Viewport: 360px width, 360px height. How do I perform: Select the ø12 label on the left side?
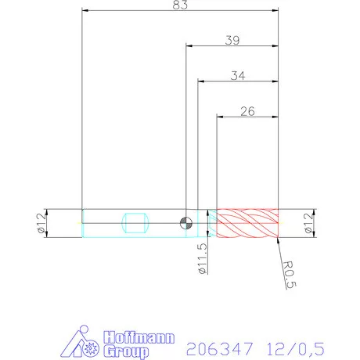pyautogui.click(x=38, y=224)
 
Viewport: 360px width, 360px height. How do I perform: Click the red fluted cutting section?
pyautogui.click(x=247, y=223)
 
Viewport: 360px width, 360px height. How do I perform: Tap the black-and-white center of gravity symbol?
pyautogui.click(x=185, y=223)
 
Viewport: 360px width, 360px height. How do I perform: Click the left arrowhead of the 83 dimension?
pyautogui.click(x=85, y=12)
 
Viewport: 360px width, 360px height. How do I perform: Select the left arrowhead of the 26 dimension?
pyautogui.click(x=220, y=117)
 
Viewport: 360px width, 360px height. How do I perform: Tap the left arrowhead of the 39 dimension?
pyautogui.click(x=189, y=46)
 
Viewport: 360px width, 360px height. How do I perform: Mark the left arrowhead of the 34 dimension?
pyautogui.click(x=200, y=81)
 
